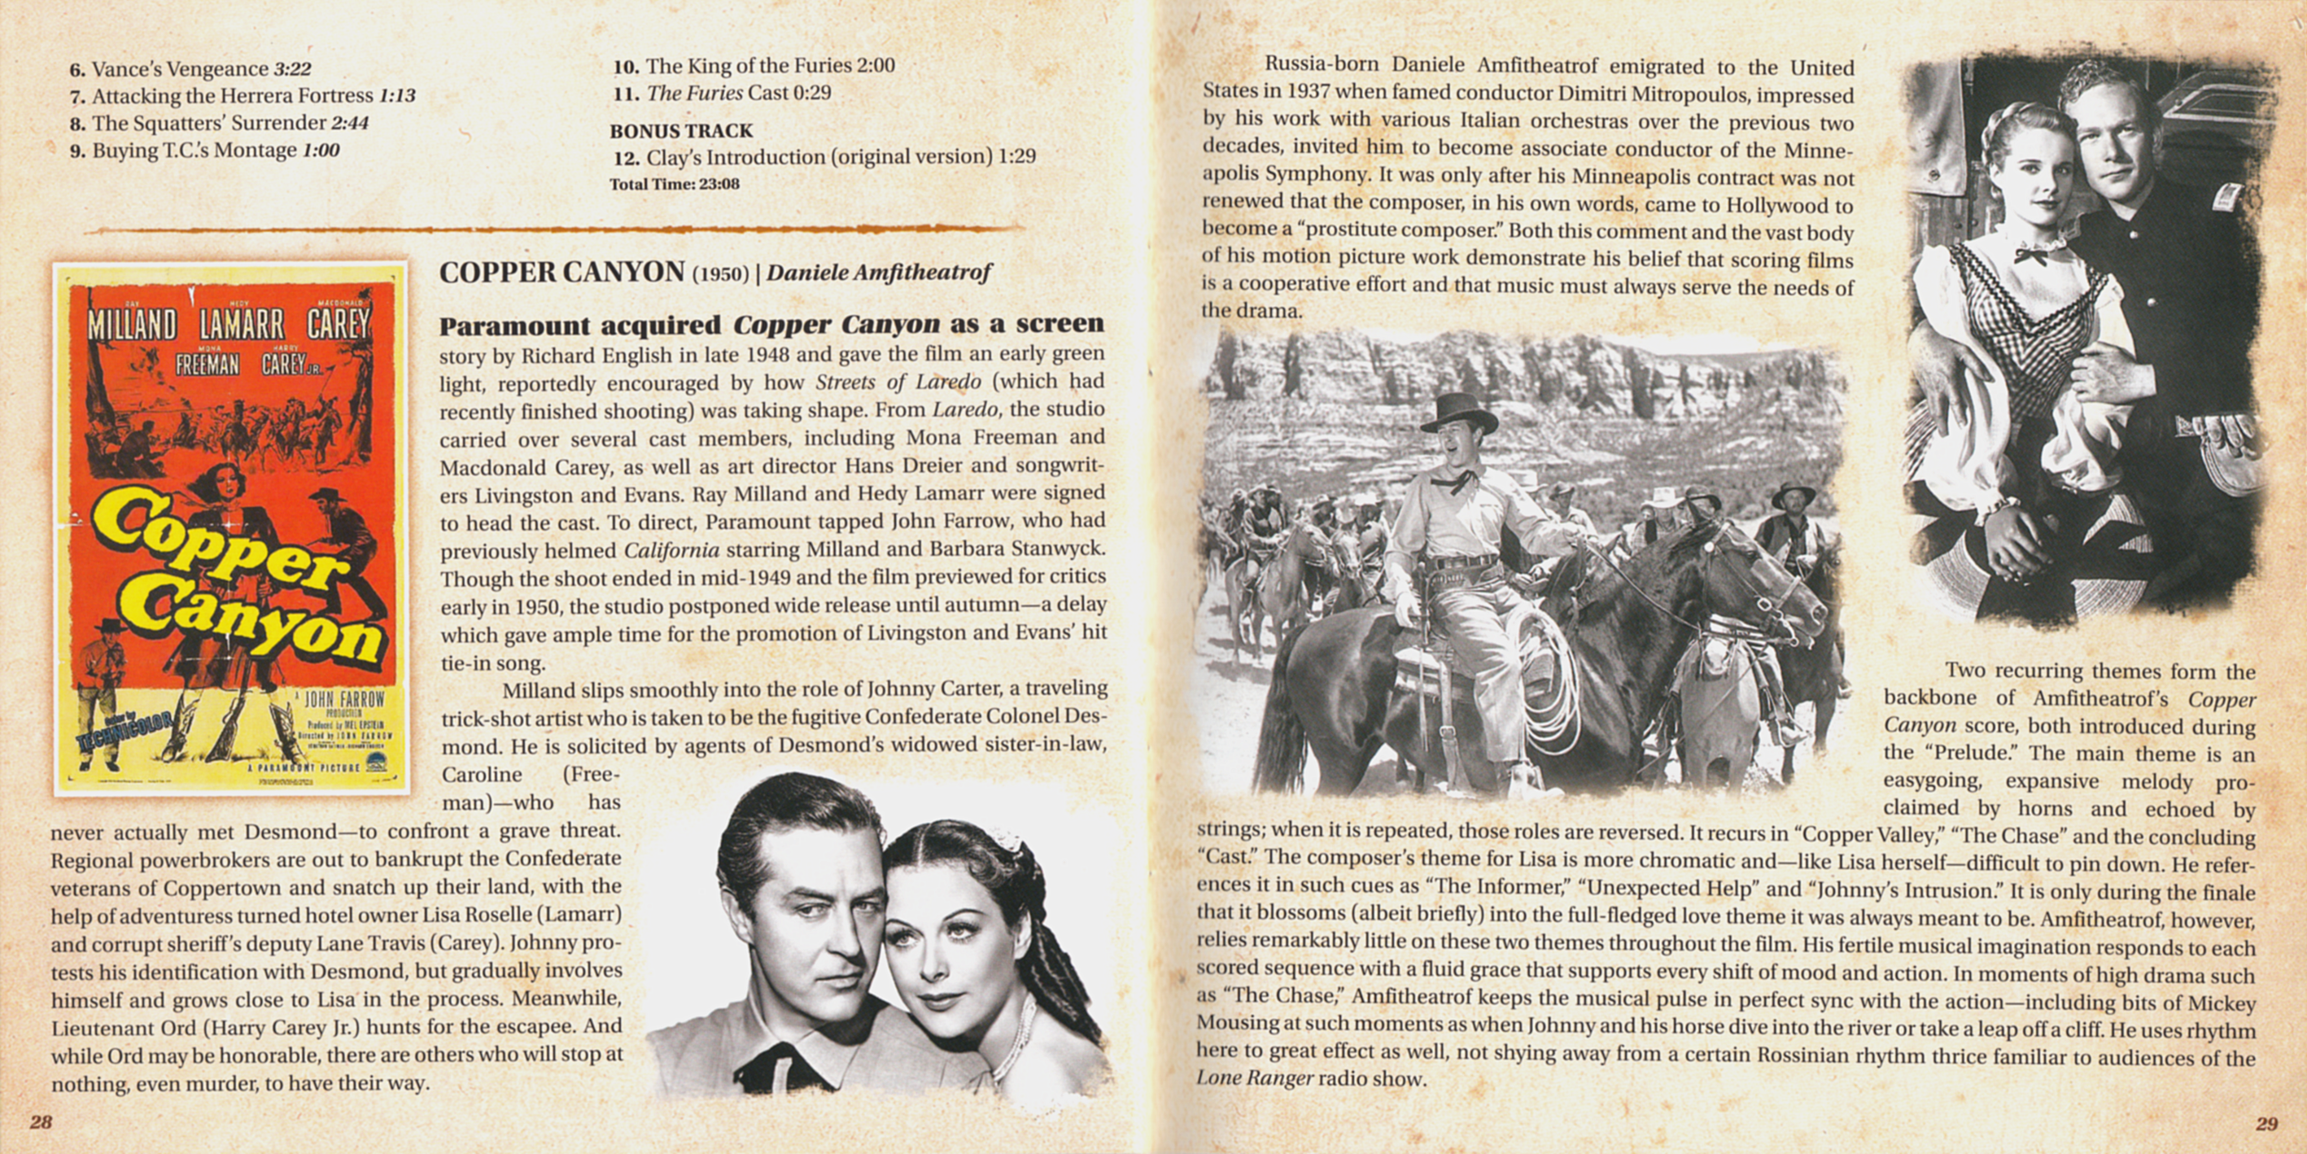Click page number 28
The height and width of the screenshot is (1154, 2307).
click(42, 1122)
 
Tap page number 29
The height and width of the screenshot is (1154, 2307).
click(2265, 1122)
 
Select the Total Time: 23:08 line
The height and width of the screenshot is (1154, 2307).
click(675, 185)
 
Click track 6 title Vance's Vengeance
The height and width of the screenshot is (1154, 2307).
click(180, 69)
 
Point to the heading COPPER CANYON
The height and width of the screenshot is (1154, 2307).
click(561, 273)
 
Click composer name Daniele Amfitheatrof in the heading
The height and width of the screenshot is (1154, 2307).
click(879, 273)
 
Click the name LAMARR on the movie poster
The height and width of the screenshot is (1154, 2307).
click(242, 325)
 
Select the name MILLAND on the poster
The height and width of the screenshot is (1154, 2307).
click(132, 325)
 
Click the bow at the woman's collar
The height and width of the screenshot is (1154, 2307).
click(2031, 256)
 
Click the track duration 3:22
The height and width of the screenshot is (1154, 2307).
click(292, 69)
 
